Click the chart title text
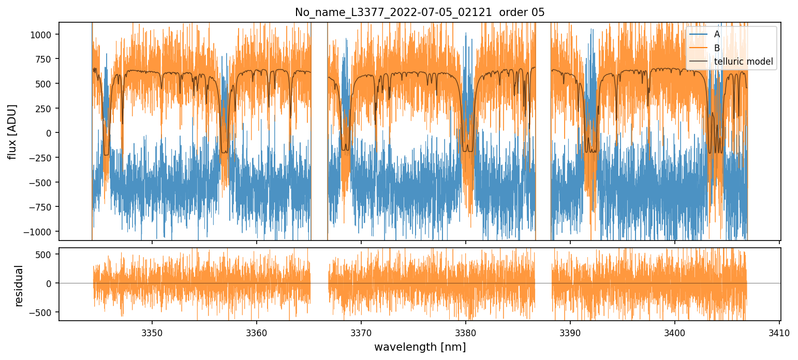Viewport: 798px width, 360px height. (420, 12)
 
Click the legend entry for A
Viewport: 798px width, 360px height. (717, 35)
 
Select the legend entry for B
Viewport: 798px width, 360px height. (717, 48)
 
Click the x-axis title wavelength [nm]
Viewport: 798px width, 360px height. (420, 347)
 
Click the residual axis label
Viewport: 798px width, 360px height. (19, 286)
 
